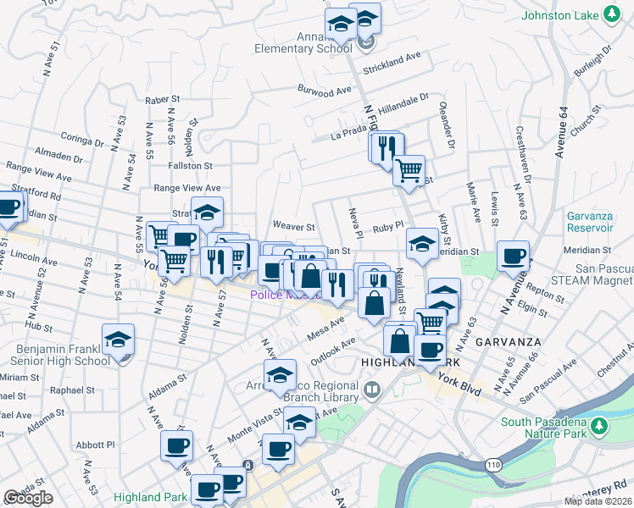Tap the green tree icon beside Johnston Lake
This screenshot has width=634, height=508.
point(610,15)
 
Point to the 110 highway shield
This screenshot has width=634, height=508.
point(494,465)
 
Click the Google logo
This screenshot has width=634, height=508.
point(28,498)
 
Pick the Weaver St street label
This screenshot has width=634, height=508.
point(292,227)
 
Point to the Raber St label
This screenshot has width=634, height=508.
point(158,100)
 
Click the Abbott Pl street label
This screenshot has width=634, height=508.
point(94,444)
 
